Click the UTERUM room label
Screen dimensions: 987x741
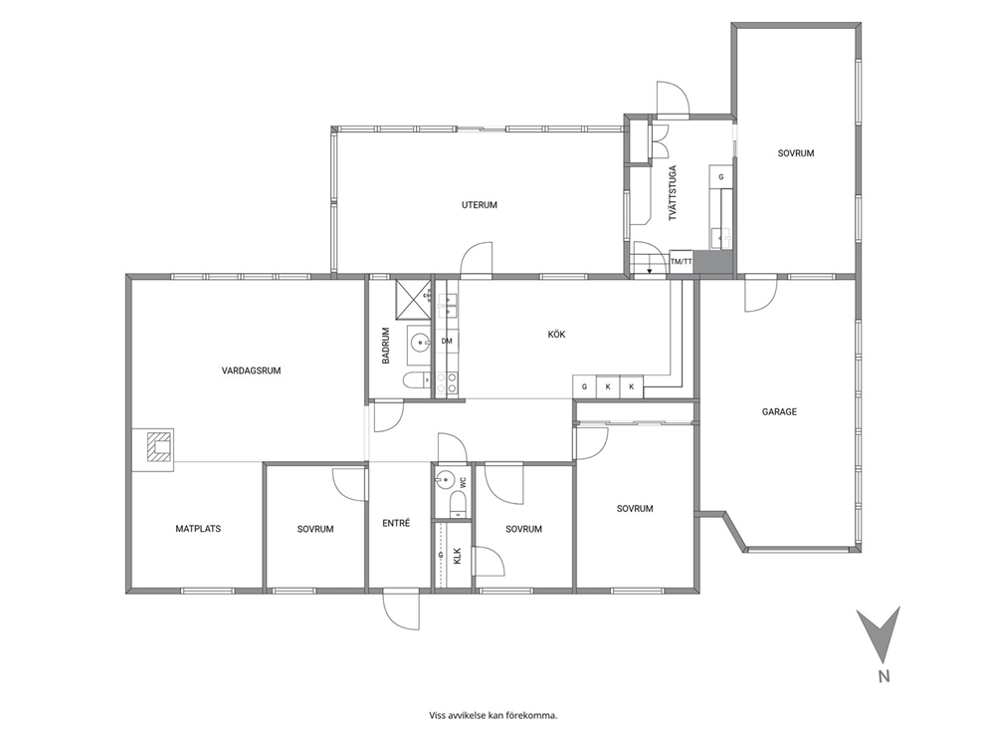479,205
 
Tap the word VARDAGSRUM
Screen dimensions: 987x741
251,370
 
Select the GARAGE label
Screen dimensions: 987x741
779,411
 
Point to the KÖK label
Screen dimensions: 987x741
556,334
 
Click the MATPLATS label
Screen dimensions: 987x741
198,529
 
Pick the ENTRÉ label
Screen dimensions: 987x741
397,522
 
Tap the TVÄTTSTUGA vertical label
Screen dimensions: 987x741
673,193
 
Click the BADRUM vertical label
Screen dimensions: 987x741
386,346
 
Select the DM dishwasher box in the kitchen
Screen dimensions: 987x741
447,341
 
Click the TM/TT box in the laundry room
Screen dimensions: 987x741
682,262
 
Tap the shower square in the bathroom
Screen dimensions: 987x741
412,298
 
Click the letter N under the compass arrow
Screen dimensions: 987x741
884,676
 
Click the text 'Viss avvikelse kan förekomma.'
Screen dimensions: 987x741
493,715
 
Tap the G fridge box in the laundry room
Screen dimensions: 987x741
721,177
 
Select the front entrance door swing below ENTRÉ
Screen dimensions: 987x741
402,610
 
